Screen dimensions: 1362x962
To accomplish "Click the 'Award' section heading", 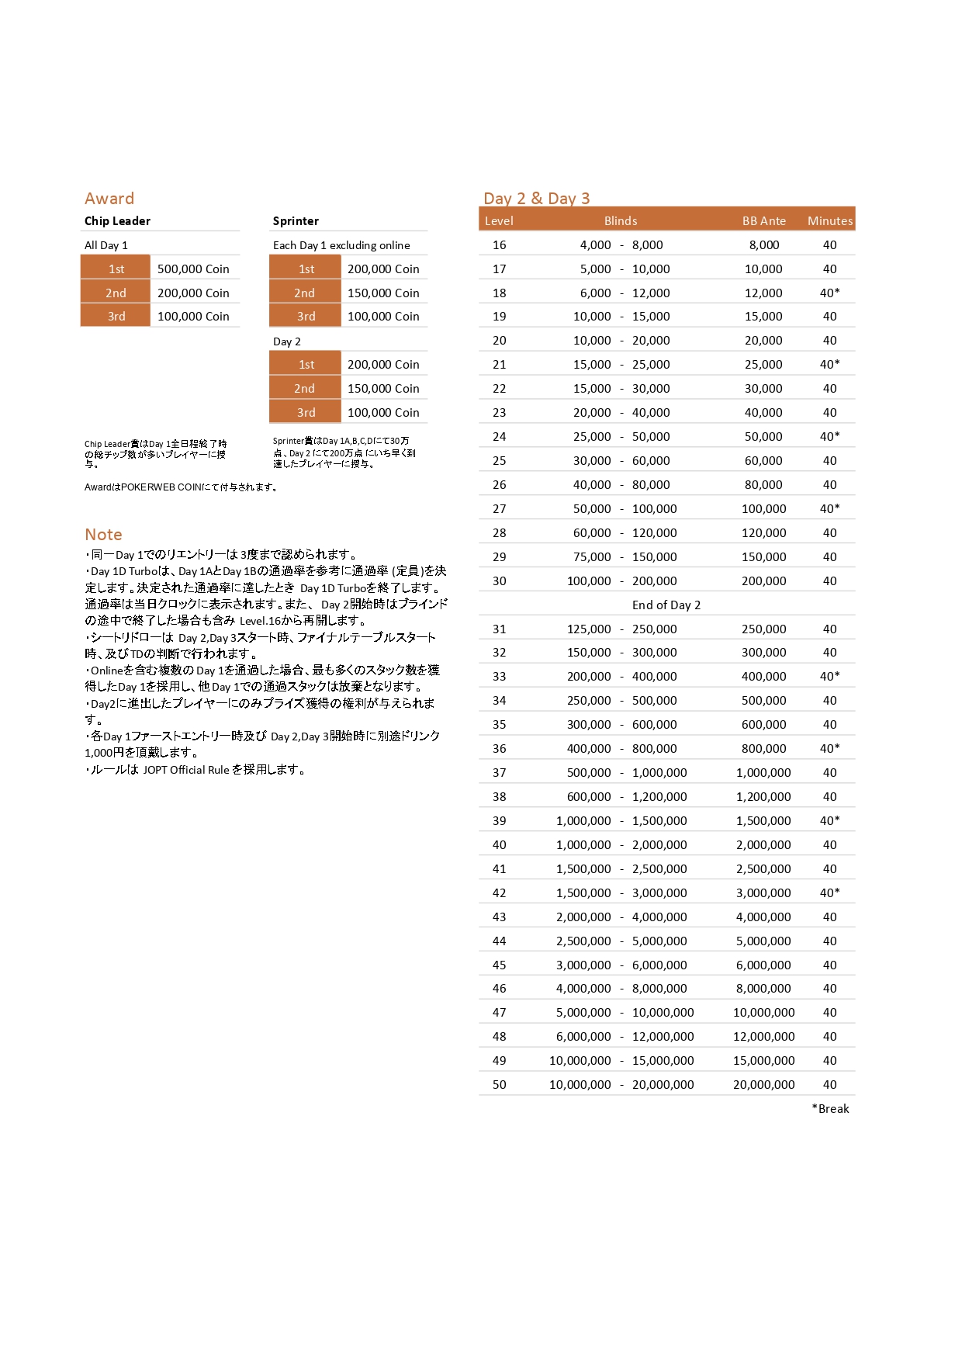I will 109,199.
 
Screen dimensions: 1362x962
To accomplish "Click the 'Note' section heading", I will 104,535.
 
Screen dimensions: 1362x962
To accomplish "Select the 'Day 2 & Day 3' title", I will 536,199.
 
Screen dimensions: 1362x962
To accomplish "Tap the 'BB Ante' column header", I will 763,221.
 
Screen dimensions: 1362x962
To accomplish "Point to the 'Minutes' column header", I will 829,221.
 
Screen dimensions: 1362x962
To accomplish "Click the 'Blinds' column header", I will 621,221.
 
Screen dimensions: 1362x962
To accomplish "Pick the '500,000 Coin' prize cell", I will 193,269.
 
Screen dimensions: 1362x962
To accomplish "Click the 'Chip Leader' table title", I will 117,221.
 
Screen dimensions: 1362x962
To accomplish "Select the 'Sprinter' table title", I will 296,221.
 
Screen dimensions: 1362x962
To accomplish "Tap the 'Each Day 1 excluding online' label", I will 341,245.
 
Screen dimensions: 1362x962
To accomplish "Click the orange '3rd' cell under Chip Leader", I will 116,317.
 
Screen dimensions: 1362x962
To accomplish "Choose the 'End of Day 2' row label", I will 666,605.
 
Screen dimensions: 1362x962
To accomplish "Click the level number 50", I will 500,1085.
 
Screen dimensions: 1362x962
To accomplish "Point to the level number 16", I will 500,245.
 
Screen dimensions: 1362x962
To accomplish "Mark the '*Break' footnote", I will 830,1109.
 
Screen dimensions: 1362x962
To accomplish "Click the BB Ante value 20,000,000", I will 763,1085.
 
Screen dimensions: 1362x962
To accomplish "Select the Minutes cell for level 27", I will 829,509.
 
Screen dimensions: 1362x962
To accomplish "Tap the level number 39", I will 500,821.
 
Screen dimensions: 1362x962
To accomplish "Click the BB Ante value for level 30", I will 763,581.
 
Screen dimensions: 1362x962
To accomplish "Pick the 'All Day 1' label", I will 106,245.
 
